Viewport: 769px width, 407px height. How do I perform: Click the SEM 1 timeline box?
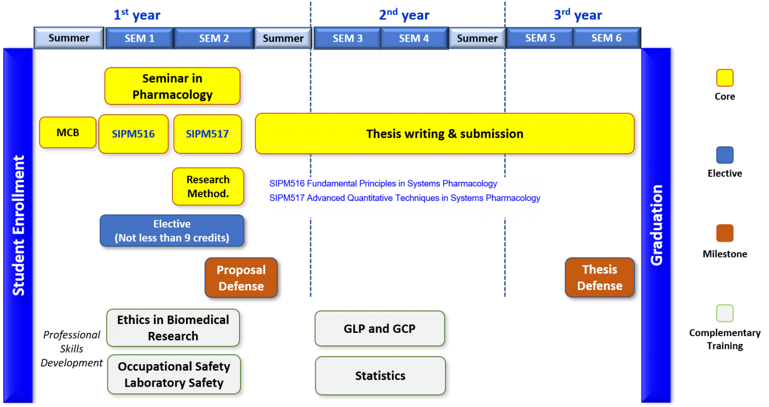139,38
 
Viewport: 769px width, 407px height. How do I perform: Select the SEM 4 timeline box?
414,38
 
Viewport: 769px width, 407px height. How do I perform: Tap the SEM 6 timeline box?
606,38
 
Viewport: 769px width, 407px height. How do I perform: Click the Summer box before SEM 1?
69,38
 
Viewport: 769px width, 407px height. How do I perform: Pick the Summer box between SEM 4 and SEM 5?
477,38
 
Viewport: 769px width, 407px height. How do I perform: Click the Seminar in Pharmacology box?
172,86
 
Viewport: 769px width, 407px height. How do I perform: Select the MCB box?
68,132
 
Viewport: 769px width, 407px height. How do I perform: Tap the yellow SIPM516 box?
133,133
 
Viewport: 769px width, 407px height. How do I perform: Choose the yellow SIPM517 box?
207,133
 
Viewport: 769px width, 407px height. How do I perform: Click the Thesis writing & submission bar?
444,133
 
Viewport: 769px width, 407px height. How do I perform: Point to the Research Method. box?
208,187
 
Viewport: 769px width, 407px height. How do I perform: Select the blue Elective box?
171,231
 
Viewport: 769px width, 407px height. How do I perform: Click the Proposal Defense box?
241,278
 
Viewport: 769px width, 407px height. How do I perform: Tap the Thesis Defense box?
599,277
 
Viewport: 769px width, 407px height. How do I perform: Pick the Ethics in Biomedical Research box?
173,328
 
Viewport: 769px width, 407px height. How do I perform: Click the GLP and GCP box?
380,328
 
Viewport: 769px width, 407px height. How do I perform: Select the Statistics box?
380,376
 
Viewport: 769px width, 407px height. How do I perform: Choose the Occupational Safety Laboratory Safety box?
174,375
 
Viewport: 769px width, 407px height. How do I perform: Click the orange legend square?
725,233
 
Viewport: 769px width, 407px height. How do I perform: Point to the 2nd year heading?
404,15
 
